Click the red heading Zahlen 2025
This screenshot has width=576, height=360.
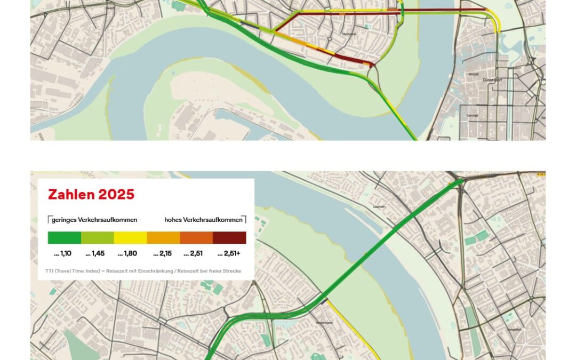click(91, 195)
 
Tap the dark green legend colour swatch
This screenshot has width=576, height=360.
click(64, 237)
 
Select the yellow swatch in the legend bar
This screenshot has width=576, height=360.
click(130, 237)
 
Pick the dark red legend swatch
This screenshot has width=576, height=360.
click(229, 237)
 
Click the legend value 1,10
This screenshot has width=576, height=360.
click(64, 253)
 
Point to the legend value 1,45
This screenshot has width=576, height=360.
click(95, 253)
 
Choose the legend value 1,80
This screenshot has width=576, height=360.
click(127, 253)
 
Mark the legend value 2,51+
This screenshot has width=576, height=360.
click(229, 253)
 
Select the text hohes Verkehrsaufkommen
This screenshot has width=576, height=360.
click(203, 220)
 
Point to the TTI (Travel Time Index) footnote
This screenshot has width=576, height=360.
click(143, 271)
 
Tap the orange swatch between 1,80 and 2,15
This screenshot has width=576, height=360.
click(163, 237)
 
